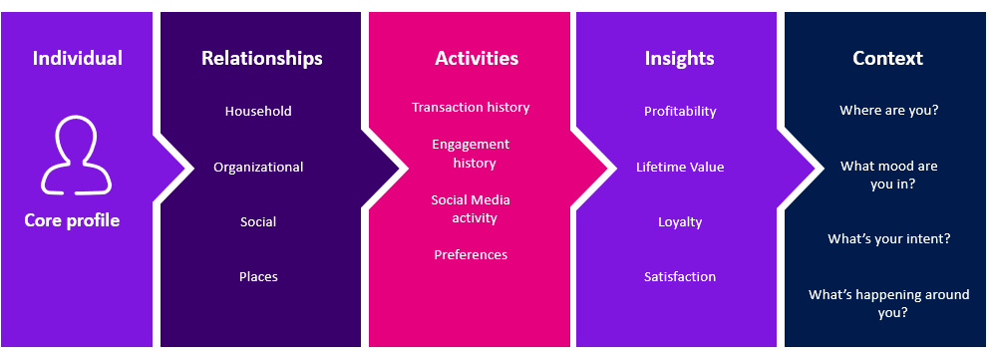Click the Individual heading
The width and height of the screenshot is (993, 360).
(x=78, y=58)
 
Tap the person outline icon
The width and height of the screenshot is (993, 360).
(x=78, y=155)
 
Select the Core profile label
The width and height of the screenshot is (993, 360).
(x=72, y=220)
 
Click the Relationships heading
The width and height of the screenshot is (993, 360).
(x=262, y=58)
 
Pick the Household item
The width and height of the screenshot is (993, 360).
(x=258, y=111)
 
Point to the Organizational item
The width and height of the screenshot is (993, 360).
(x=258, y=167)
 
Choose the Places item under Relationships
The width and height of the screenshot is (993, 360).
(x=258, y=276)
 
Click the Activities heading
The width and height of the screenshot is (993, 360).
(x=477, y=58)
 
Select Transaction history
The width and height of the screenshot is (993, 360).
(x=471, y=107)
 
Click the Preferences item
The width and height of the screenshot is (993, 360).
(x=471, y=254)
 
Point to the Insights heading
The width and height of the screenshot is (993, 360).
(x=680, y=58)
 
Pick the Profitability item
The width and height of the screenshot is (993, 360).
(x=680, y=111)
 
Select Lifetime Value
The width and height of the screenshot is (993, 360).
(x=680, y=167)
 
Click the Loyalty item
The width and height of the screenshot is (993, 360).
(x=680, y=221)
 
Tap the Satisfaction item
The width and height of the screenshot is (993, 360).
(x=680, y=276)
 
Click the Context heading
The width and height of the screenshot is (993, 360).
(x=888, y=58)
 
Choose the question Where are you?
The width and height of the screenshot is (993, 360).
(x=889, y=111)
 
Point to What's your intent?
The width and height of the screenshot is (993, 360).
(x=889, y=238)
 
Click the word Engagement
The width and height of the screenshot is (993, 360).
(x=471, y=144)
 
